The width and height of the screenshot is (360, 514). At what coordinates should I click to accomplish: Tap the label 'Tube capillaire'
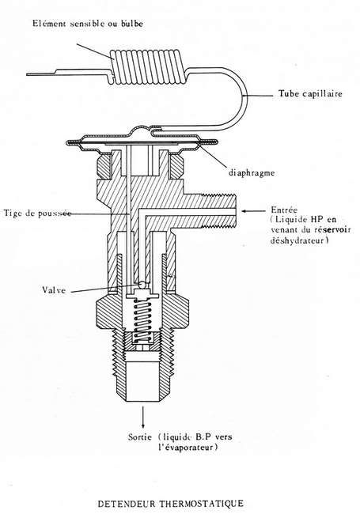click(310, 94)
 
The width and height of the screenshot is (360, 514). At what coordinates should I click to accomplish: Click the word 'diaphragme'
click(252, 172)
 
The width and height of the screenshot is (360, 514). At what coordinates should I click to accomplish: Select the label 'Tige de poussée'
click(37, 213)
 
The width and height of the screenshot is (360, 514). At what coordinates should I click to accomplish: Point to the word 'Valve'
click(54, 289)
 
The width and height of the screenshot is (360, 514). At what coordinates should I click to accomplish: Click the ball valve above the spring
click(142, 285)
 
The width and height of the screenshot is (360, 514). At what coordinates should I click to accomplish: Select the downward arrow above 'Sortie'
click(143, 417)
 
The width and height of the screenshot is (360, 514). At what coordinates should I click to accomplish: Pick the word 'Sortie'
click(140, 437)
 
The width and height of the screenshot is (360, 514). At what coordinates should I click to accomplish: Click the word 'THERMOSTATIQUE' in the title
click(202, 503)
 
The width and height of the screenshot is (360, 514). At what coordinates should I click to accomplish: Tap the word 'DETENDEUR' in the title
click(127, 503)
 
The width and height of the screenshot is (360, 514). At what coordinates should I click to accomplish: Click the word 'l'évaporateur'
click(188, 447)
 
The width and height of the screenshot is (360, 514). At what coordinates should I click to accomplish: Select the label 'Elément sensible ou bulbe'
click(88, 24)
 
